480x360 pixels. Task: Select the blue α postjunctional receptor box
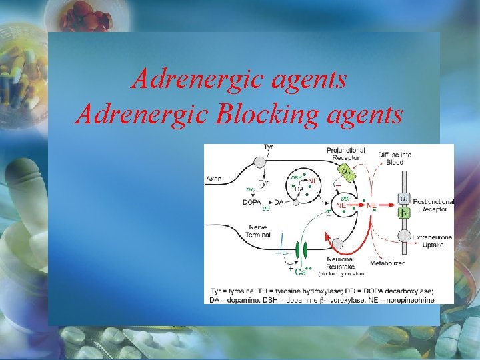pyautogui.click(x=404, y=199)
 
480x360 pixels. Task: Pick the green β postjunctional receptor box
pyautogui.click(x=404, y=213)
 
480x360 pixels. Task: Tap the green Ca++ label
pyautogui.click(x=301, y=271)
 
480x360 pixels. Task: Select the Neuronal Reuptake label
pyautogui.click(x=344, y=263)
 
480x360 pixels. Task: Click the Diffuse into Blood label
pyautogui.click(x=395, y=158)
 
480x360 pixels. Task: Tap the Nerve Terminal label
pyautogui.click(x=257, y=231)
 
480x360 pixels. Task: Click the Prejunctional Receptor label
pyautogui.click(x=345, y=154)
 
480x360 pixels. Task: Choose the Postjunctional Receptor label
pyautogui.click(x=434, y=205)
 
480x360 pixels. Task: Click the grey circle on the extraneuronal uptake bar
pyautogui.click(x=404, y=236)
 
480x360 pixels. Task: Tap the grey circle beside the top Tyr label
pyautogui.click(x=257, y=161)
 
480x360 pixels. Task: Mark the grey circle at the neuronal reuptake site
pyautogui.click(x=337, y=245)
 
